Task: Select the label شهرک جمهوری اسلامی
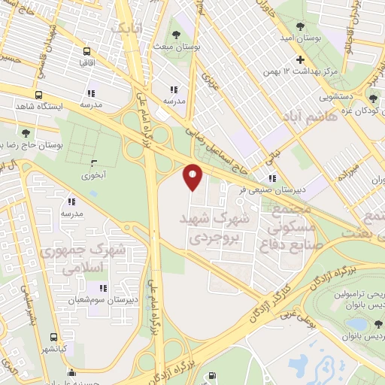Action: [x=84, y=258]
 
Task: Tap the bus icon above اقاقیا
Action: [x=87, y=53]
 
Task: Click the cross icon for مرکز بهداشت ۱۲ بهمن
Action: [x=300, y=59]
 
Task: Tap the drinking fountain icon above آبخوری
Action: [x=94, y=163]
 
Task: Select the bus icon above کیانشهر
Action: [x=53, y=338]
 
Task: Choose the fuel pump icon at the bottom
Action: [x=213, y=374]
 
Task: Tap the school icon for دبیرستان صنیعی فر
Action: [x=272, y=178]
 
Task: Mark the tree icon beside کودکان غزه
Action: [x=373, y=98]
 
